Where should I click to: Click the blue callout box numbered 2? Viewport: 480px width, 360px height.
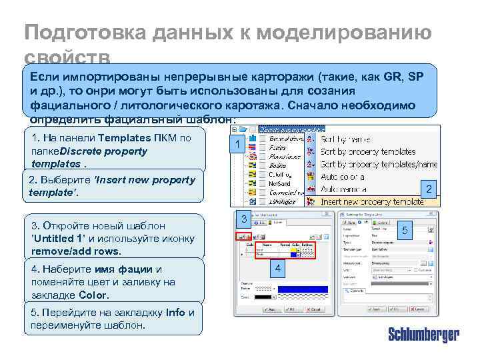[x=430, y=190]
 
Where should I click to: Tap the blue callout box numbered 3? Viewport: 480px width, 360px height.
[x=245, y=219]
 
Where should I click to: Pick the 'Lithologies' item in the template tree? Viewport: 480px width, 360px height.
[x=283, y=201]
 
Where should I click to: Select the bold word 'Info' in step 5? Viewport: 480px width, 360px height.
[x=175, y=313]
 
